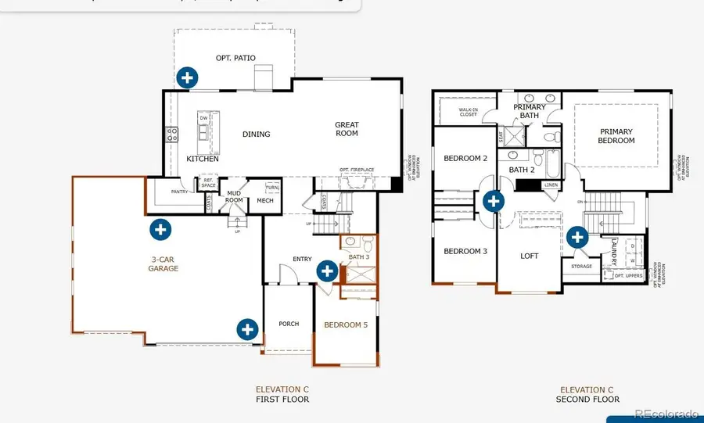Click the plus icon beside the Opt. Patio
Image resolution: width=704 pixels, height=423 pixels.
point(186,77)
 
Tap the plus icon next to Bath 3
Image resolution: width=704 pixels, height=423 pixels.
point(327,271)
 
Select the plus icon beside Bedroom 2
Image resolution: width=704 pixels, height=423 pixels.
point(493,201)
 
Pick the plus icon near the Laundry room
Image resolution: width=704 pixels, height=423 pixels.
point(577,237)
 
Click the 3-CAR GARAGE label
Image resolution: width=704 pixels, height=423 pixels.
point(163,263)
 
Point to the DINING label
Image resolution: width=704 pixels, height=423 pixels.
point(256,134)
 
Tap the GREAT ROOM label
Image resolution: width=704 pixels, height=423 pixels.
point(347,129)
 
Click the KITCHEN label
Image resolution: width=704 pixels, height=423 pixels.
point(203,160)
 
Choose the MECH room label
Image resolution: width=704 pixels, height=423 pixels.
point(264,200)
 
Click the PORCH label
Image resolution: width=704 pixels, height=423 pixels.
point(289,324)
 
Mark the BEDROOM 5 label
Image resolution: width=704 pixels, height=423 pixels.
point(346,324)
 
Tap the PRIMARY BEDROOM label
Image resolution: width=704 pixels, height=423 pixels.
point(617,136)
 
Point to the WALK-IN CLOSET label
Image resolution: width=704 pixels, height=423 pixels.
point(468,111)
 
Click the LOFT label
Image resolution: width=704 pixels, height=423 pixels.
point(530,256)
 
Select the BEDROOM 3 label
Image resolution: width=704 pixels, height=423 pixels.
point(465,252)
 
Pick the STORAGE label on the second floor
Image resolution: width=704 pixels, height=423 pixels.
point(581,267)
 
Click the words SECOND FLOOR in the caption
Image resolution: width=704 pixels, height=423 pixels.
point(590,400)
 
